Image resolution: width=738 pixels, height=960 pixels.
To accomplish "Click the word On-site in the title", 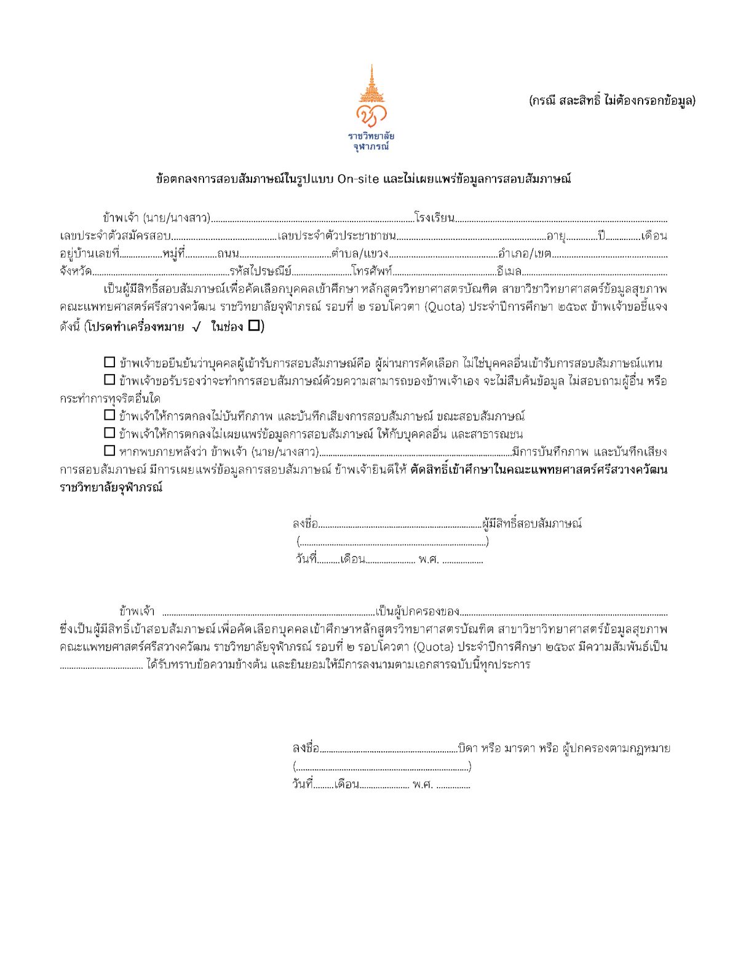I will click(x=358, y=179).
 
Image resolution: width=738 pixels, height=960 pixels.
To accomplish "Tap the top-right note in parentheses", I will click(x=612, y=101).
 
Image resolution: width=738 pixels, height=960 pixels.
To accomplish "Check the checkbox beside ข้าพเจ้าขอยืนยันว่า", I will click(x=109, y=362).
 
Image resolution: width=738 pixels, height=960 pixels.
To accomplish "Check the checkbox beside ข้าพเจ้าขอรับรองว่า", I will click(x=109, y=380).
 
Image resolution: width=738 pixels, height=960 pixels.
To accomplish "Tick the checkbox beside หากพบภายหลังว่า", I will click(x=109, y=451).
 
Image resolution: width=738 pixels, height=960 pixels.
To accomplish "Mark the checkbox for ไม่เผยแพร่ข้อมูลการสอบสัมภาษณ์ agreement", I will click(x=109, y=433).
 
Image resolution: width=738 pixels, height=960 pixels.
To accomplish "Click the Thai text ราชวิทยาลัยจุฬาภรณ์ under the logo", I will click(x=371, y=141).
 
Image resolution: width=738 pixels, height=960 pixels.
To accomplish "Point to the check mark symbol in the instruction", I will click(x=196, y=327).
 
